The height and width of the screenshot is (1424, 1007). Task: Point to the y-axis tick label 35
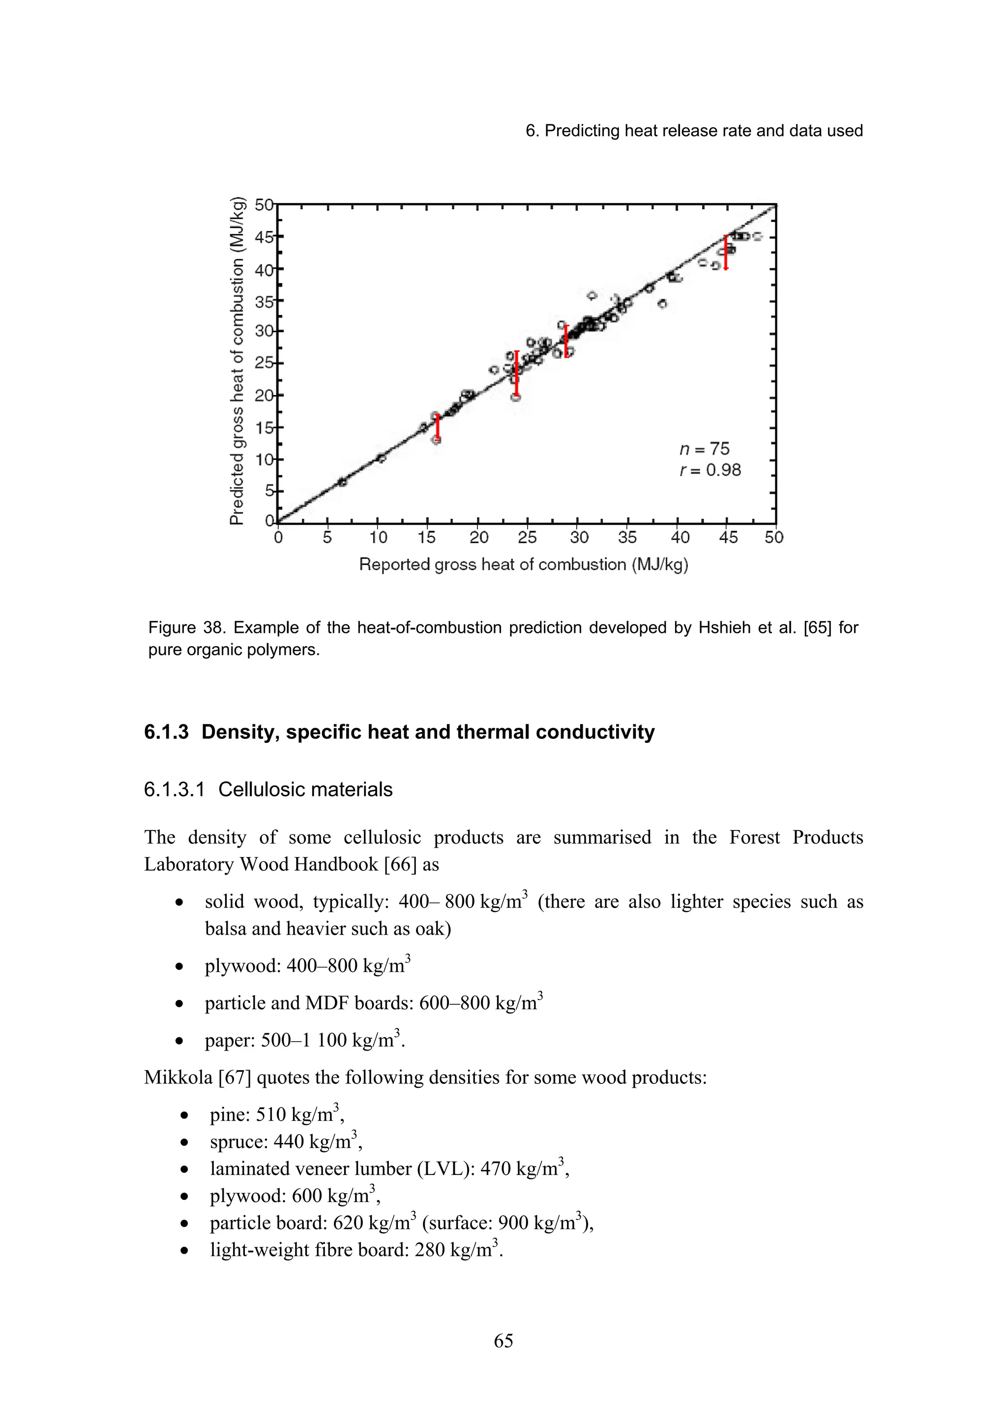coord(264,301)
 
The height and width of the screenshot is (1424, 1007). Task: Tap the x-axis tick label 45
coord(728,537)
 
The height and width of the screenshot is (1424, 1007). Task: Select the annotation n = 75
coord(704,449)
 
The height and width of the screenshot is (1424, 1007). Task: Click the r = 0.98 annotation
coord(710,470)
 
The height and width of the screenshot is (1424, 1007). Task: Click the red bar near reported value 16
coord(438,427)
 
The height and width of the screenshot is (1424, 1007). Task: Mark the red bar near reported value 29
coord(566,341)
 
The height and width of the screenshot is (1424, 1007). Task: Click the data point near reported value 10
coord(381,458)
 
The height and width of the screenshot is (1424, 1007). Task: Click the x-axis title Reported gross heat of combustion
coord(524,565)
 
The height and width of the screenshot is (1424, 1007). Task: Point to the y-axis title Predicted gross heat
coord(237,361)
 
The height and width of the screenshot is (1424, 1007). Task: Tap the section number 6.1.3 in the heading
coord(166,732)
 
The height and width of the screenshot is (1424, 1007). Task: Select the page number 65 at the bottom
coord(503,1341)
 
